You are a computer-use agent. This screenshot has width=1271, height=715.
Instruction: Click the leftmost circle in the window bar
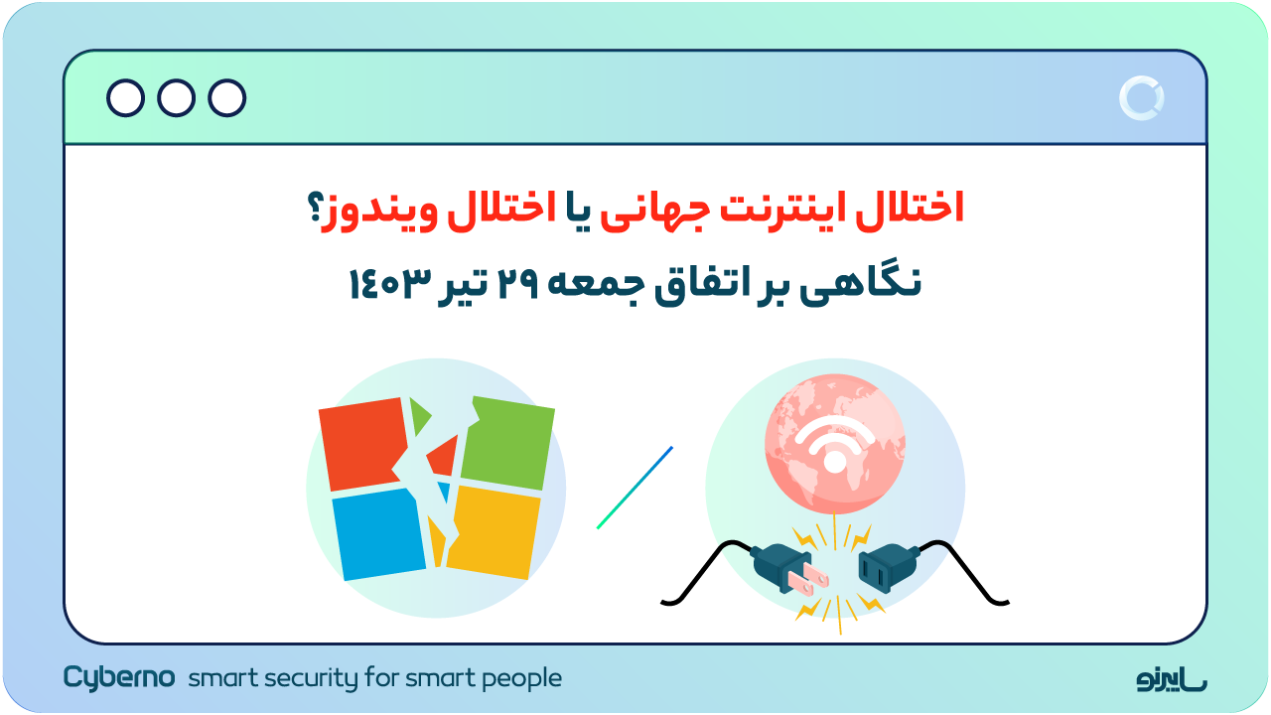tap(125, 98)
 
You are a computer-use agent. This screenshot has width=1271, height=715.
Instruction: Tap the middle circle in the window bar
tap(177, 98)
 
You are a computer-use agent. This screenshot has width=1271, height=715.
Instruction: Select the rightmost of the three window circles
tap(227, 98)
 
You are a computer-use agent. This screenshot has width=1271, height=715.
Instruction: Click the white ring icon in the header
tap(1141, 98)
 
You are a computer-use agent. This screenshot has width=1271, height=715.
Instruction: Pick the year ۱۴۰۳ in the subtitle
tap(388, 284)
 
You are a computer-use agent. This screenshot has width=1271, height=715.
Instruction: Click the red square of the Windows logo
tap(361, 444)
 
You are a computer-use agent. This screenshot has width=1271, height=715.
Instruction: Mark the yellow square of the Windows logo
tap(494, 532)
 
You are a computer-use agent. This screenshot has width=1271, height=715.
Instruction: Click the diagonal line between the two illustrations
tap(635, 488)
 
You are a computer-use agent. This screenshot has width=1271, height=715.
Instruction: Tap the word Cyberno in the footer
tap(119, 678)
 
